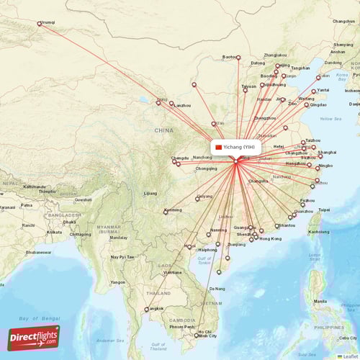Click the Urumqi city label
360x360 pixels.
(x=49, y=22)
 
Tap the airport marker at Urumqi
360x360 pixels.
(x=39, y=23)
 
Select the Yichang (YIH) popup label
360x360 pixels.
(x=233, y=147)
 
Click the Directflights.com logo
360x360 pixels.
(x=34, y=337)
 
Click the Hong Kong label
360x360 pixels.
(x=270, y=238)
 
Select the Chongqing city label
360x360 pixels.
(x=206, y=168)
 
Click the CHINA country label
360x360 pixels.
(x=163, y=130)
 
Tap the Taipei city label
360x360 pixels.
(x=324, y=210)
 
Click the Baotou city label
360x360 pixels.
(x=230, y=56)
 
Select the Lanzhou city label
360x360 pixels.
(x=182, y=105)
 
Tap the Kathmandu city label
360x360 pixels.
(x=34, y=186)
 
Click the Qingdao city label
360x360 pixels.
(x=318, y=105)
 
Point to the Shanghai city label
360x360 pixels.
(x=327, y=152)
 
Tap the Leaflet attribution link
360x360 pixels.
(x=350, y=356)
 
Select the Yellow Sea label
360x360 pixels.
(x=330, y=118)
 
